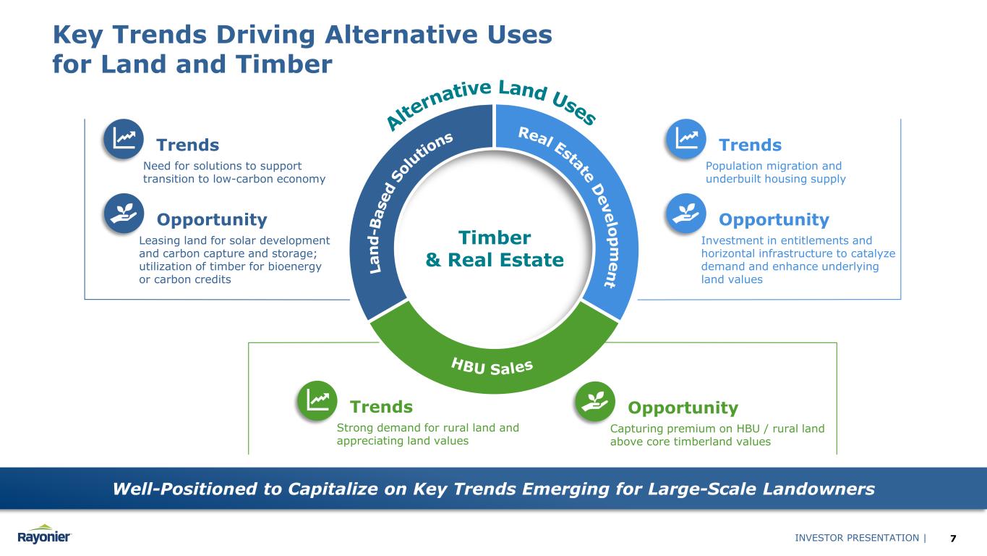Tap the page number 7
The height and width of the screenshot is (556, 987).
tap(953, 538)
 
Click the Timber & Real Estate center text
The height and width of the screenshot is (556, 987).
tap(495, 248)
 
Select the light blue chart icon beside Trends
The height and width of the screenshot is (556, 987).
tap(685, 138)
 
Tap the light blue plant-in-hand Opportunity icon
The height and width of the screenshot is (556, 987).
tap(685, 214)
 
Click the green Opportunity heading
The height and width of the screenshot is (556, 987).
tap(683, 408)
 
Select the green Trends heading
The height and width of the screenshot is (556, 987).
tap(381, 407)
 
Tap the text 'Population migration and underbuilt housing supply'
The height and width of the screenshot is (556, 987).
tap(774, 172)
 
